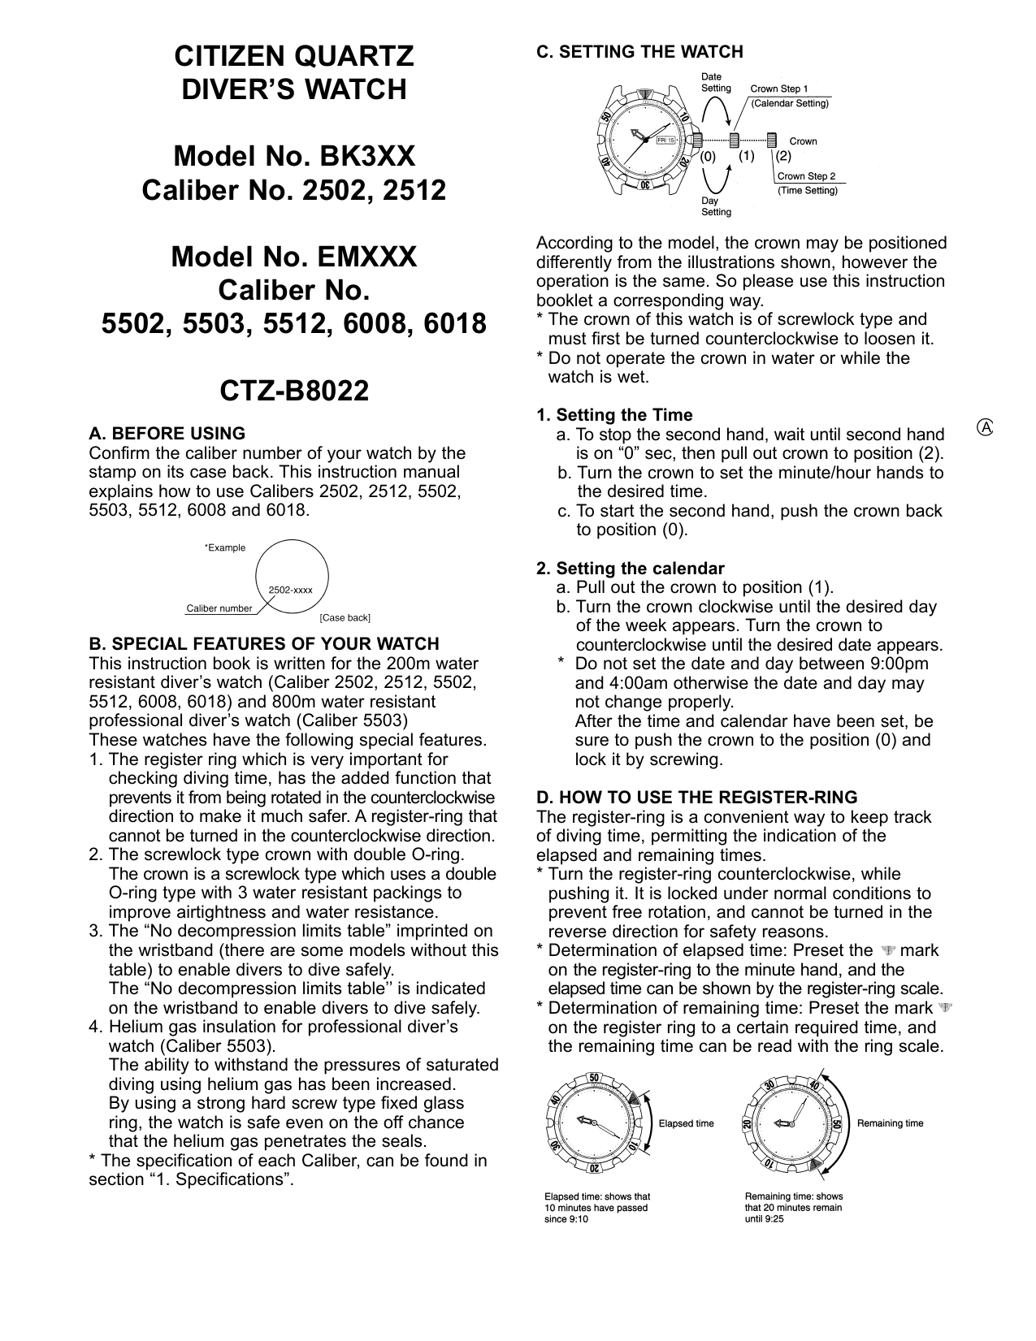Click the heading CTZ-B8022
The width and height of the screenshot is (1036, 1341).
pyautogui.click(x=294, y=391)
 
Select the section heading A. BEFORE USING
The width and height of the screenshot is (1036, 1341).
pyautogui.click(x=167, y=434)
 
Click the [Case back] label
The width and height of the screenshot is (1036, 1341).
pyautogui.click(x=345, y=618)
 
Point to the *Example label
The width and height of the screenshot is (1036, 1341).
pyautogui.click(x=224, y=547)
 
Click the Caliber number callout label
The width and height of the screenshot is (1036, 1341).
pyautogui.click(x=219, y=608)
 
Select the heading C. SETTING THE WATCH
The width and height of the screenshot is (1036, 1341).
pyautogui.click(x=639, y=52)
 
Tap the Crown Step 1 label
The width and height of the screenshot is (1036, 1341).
pyautogui.click(x=778, y=89)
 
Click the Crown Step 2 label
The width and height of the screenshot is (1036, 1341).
pyautogui.click(x=806, y=176)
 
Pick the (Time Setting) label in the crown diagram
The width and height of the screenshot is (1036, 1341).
pyautogui.click(x=807, y=190)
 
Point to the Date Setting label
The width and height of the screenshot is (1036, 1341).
pyautogui.click(x=716, y=83)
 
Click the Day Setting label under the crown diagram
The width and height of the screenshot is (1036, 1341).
pyautogui.click(x=716, y=206)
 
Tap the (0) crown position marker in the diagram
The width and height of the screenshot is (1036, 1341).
pyautogui.click(x=709, y=156)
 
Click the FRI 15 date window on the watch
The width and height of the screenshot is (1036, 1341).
pyautogui.click(x=666, y=140)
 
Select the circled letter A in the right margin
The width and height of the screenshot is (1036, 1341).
pyautogui.click(x=986, y=427)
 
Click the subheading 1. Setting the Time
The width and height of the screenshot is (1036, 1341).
pyautogui.click(x=614, y=416)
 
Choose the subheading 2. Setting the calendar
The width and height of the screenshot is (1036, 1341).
pyautogui.click(x=630, y=569)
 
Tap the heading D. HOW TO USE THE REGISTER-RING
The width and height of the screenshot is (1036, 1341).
pyautogui.click(x=696, y=798)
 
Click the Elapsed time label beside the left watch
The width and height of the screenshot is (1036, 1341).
pyautogui.click(x=686, y=1123)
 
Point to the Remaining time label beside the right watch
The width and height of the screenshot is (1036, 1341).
pyautogui.click(x=890, y=1123)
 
